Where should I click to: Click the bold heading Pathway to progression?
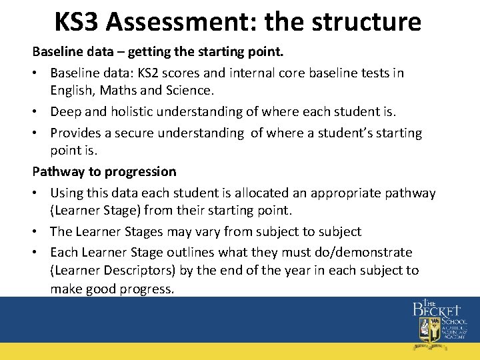click(x=105, y=171)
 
